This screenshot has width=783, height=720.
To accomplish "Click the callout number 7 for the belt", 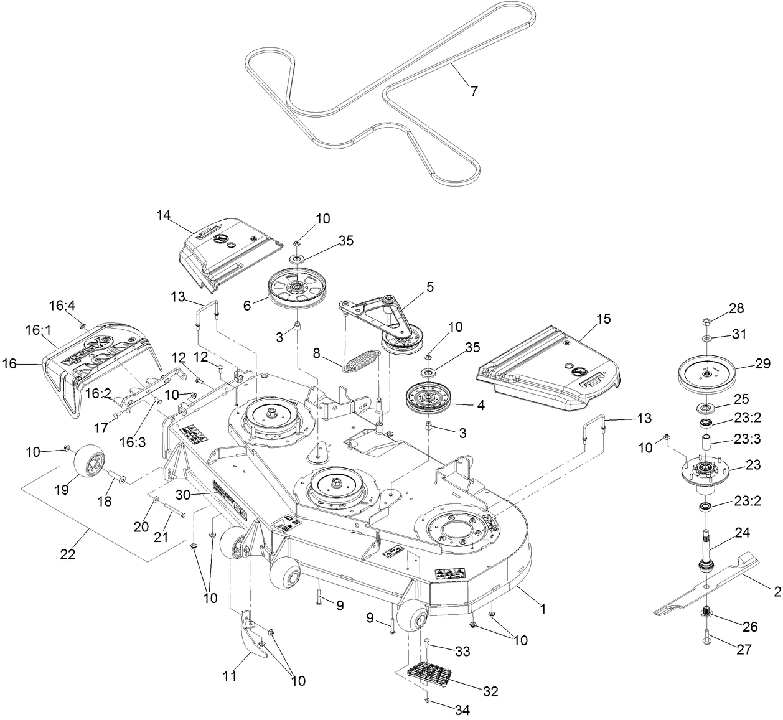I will (474, 91).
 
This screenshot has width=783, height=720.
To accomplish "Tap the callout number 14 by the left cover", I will (163, 216).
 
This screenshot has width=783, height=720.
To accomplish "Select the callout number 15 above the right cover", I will (603, 319).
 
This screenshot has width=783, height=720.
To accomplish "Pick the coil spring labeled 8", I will (361, 362).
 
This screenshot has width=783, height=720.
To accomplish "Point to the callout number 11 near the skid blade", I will (230, 675).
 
